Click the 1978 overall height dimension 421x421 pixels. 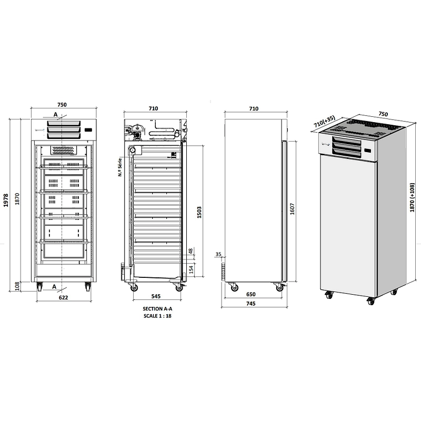6,201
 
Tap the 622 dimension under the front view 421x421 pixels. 63,297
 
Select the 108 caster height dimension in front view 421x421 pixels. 17,286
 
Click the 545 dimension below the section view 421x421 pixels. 156,296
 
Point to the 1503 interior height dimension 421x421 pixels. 199,212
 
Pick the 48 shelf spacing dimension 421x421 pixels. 191,252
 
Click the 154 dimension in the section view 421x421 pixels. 191,269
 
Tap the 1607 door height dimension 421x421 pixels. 293,209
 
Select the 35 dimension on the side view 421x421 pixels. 218,254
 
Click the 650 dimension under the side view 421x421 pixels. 251,294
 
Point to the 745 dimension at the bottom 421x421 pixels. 250,304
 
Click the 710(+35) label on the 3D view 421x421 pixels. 325,122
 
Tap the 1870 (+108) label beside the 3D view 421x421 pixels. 412,197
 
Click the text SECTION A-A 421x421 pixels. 157,309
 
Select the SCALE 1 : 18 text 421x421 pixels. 157,316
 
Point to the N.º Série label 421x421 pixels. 120,167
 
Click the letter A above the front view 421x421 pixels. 55,115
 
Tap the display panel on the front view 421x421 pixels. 88,130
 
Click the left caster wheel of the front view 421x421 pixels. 39,287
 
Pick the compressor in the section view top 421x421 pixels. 138,132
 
